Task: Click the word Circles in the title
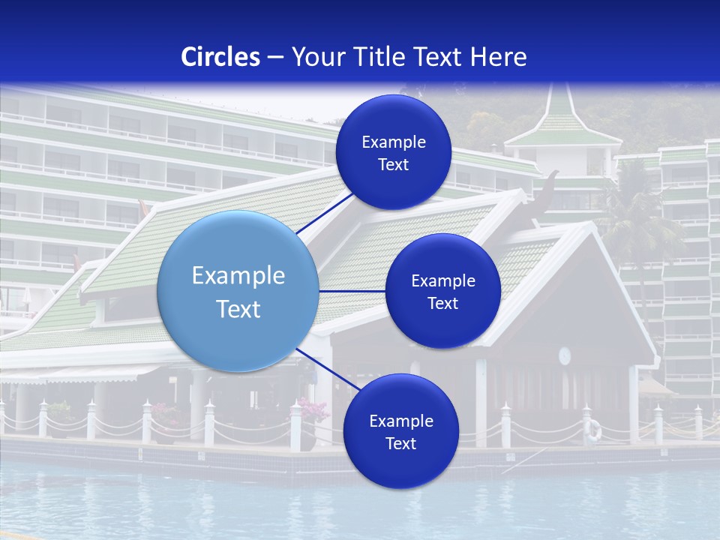tap(220, 57)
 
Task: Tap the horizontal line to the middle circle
tap(352, 291)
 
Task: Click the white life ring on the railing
tap(594, 430)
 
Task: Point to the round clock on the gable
tap(565, 355)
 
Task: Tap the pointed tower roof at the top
tap(560, 112)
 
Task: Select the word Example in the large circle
tap(238, 275)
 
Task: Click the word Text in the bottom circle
tap(400, 443)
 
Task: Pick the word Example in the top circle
tap(393, 142)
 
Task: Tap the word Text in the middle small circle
tap(442, 303)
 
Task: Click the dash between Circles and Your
tap(275, 57)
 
